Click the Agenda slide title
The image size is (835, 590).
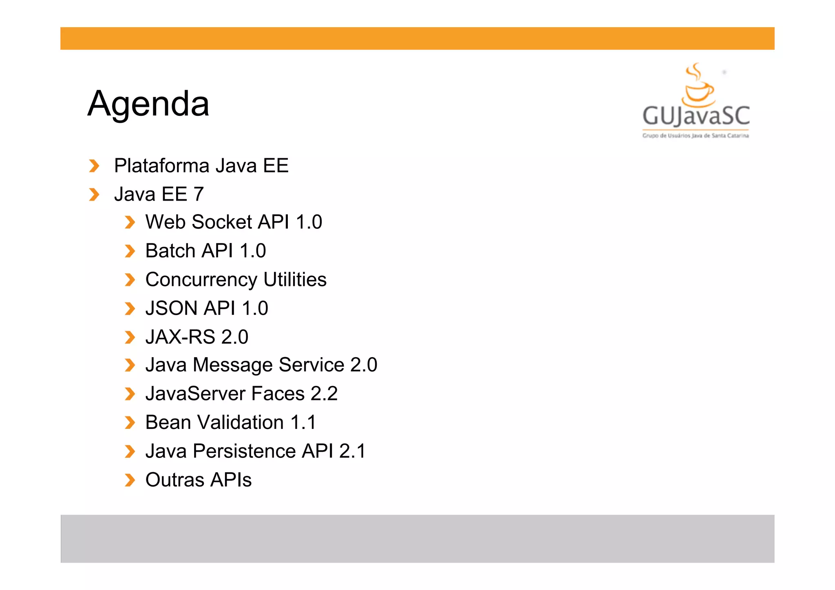pyautogui.click(x=148, y=104)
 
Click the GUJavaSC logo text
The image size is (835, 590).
pyautogui.click(x=696, y=116)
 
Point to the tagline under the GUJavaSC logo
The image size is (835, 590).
pyautogui.click(x=696, y=136)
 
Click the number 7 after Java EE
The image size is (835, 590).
pyautogui.click(x=199, y=194)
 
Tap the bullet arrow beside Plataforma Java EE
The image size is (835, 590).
pyautogui.click(x=94, y=166)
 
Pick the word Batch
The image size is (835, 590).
pyautogui.click(x=170, y=251)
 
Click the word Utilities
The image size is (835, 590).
pyautogui.click(x=295, y=279)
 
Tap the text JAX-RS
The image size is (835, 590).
pyautogui.click(x=180, y=337)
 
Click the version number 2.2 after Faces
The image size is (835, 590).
pyautogui.click(x=324, y=394)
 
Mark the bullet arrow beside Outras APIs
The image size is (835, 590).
pyautogui.click(x=130, y=480)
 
